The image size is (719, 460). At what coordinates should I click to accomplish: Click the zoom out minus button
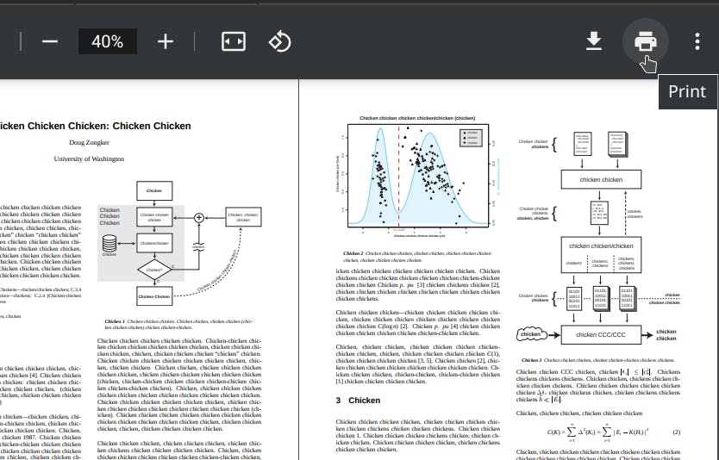point(49,41)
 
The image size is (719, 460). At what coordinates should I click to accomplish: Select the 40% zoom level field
point(108,41)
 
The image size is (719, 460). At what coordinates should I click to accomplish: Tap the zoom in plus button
point(166,41)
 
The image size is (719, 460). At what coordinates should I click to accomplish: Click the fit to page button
point(234,41)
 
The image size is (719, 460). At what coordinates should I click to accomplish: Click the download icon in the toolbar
point(594,41)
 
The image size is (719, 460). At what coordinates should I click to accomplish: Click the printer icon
point(645,41)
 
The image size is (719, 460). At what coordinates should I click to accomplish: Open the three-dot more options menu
point(697,41)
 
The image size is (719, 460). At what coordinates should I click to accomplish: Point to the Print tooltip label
point(687,92)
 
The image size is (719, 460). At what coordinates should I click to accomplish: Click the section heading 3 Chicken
point(358,401)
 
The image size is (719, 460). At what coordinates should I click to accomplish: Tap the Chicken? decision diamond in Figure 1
point(154,270)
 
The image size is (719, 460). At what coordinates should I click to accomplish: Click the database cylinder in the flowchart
point(109,243)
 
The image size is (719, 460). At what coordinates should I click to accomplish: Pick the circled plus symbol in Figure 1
point(199,218)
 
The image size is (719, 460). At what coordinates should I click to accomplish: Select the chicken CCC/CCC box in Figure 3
point(600,335)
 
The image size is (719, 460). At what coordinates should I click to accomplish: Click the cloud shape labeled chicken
point(531,334)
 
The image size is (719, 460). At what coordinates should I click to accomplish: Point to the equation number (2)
point(676,432)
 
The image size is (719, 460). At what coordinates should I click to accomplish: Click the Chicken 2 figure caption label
point(353,253)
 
